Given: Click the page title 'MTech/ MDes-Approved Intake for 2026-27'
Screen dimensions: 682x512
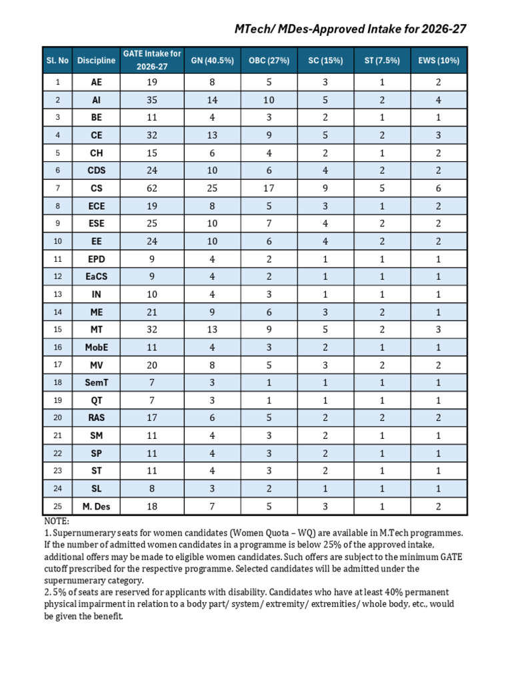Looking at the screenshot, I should pos(350,29).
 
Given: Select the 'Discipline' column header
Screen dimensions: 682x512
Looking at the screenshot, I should pos(96,60).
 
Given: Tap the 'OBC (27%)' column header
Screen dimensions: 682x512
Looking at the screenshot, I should pos(269,60).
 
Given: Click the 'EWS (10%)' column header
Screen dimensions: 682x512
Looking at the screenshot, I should pos(438,60).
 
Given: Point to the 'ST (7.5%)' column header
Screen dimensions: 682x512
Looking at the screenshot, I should pos(382,60).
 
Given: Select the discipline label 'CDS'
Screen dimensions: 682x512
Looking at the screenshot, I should pos(96,170).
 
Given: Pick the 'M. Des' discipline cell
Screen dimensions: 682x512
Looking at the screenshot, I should pos(96,506).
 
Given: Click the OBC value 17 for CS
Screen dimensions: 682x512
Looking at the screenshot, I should pos(269,188).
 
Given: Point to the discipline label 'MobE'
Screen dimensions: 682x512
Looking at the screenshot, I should pos(96,347).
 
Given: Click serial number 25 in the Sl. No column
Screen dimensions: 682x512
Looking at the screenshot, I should pos(58,506).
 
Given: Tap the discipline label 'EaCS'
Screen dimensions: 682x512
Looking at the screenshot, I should pos(96,276).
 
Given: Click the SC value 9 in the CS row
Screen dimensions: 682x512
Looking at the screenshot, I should pos(325,188).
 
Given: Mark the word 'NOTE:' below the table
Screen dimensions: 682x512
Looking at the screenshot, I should pos(57,521).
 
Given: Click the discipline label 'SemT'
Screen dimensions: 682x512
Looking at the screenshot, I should pos(96,382).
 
